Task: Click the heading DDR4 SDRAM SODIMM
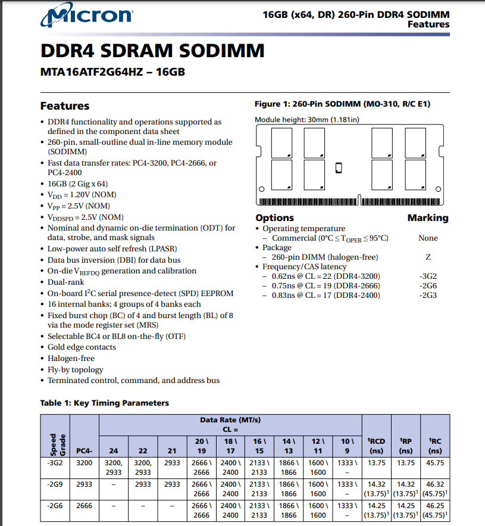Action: coord(152,51)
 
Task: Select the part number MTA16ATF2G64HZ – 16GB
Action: coord(112,73)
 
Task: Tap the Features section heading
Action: coord(64,106)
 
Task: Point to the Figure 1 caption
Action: coord(342,104)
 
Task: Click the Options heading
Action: coord(274,218)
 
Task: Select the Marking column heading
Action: coord(428,218)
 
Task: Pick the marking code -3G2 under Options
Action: coord(428,276)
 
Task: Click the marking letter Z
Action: coord(428,257)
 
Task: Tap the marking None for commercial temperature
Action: coord(428,238)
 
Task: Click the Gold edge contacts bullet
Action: coord(82,347)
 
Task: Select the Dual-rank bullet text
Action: coord(66,282)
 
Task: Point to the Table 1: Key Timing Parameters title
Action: coord(104,403)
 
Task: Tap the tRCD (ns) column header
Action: coord(377,446)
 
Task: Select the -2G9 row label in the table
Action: coord(55,484)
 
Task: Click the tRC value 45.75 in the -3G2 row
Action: coord(435,462)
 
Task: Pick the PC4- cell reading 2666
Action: coord(85,506)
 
